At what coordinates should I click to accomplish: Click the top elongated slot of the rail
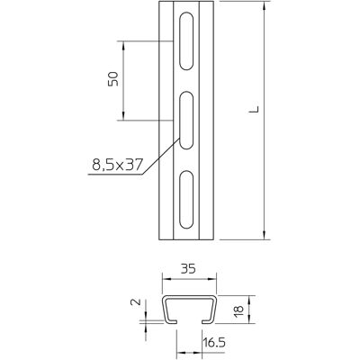tap(186, 41)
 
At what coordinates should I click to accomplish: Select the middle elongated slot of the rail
tap(186, 121)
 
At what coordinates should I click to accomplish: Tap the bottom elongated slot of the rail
tap(186, 200)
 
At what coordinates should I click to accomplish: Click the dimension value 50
tap(113, 79)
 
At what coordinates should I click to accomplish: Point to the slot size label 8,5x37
tap(116, 165)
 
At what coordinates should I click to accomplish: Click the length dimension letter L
tap(254, 109)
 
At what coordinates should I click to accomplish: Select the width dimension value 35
tap(189, 268)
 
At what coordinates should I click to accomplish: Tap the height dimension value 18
tap(239, 309)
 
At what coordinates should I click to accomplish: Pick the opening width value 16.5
tap(214, 342)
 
